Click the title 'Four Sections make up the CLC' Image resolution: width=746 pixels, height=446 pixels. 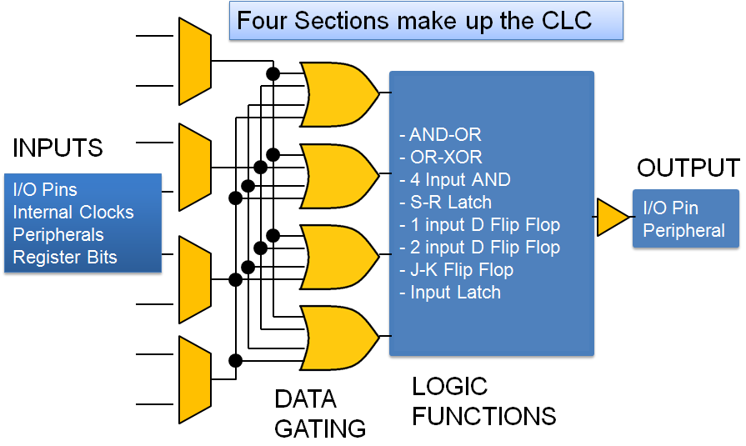point(414,20)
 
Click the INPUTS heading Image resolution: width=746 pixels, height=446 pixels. point(58,148)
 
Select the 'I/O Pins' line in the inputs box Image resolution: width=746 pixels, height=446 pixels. point(45,190)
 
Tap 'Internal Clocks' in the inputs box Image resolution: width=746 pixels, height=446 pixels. point(73,213)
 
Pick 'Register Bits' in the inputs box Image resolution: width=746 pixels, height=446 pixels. point(64,258)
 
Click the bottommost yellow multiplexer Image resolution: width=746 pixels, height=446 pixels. point(195,379)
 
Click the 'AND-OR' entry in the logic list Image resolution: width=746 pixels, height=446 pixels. point(441,135)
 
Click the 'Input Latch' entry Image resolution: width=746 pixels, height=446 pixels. point(450,293)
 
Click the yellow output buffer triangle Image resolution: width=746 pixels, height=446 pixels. point(612,217)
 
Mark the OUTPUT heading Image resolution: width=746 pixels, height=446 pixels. point(688,168)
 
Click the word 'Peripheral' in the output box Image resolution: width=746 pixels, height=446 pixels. point(683,231)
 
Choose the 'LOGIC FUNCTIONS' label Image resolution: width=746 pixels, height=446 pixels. point(483,401)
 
